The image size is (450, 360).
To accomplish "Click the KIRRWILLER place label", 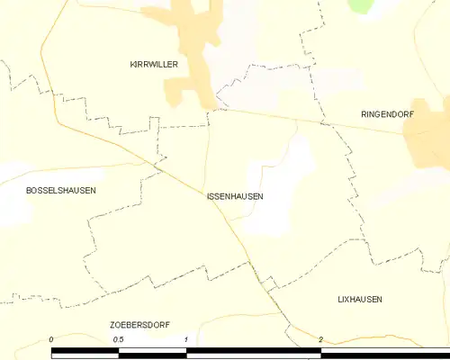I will point(154,65).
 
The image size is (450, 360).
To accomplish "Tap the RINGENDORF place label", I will point(384,115).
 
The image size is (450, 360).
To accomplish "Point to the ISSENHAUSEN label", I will point(235,195).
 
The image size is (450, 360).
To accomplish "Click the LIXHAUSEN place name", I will point(360,299).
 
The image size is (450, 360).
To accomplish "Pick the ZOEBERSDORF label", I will point(137,324).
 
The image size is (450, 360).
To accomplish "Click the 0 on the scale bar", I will point(52,339).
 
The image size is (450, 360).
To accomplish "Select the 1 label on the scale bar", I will point(186,339).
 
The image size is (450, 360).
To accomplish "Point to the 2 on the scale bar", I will point(321,339).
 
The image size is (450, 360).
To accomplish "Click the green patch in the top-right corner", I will point(360,5).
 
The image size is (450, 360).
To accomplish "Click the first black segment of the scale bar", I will point(85,352).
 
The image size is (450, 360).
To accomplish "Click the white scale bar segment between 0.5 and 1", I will point(152,352).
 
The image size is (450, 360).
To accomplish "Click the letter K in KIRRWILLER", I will point(132,65).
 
